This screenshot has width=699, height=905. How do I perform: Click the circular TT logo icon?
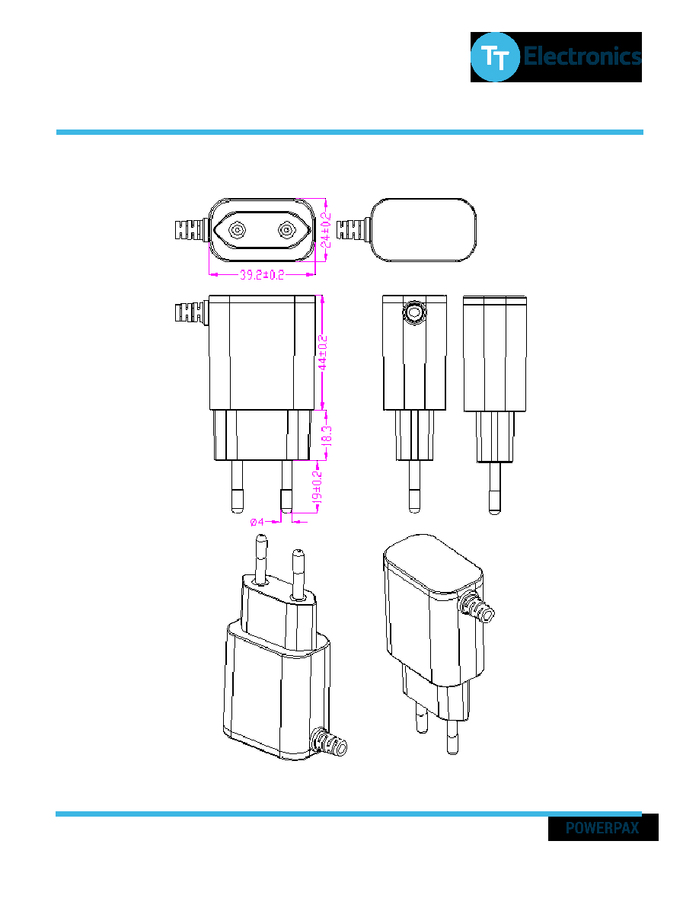coord(495,57)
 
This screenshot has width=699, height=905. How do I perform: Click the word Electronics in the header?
coord(582,56)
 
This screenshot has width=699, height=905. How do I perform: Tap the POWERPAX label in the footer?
coord(602,827)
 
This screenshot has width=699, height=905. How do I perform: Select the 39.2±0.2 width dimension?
coord(262,275)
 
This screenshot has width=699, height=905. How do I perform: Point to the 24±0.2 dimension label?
coord(326,230)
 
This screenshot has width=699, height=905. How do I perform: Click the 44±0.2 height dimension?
coord(323,353)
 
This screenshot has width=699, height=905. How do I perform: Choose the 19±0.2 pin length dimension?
coord(317,491)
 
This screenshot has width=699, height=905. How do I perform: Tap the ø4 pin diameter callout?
coord(257,522)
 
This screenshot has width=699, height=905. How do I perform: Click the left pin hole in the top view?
coord(237,230)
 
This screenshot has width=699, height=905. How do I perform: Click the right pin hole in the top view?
coord(286,230)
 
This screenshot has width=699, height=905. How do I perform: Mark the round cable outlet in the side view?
coord(413,312)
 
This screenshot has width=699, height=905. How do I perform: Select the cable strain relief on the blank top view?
coord(353,229)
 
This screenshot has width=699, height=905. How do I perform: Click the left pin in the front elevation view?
coord(237,486)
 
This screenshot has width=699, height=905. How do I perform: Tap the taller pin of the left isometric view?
coord(260,560)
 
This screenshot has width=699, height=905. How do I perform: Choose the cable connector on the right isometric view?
coord(477,607)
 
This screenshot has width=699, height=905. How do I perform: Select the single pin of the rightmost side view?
coord(494,488)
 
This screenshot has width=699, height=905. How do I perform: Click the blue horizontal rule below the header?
coord(349,133)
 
